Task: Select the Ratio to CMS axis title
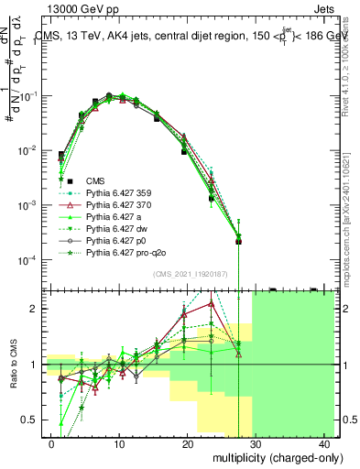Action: pos(14,365)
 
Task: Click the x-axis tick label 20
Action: pos(188,443)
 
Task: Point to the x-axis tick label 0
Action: pos(51,443)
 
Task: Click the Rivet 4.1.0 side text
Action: pos(350,64)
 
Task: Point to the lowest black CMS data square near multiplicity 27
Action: pos(238,241)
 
